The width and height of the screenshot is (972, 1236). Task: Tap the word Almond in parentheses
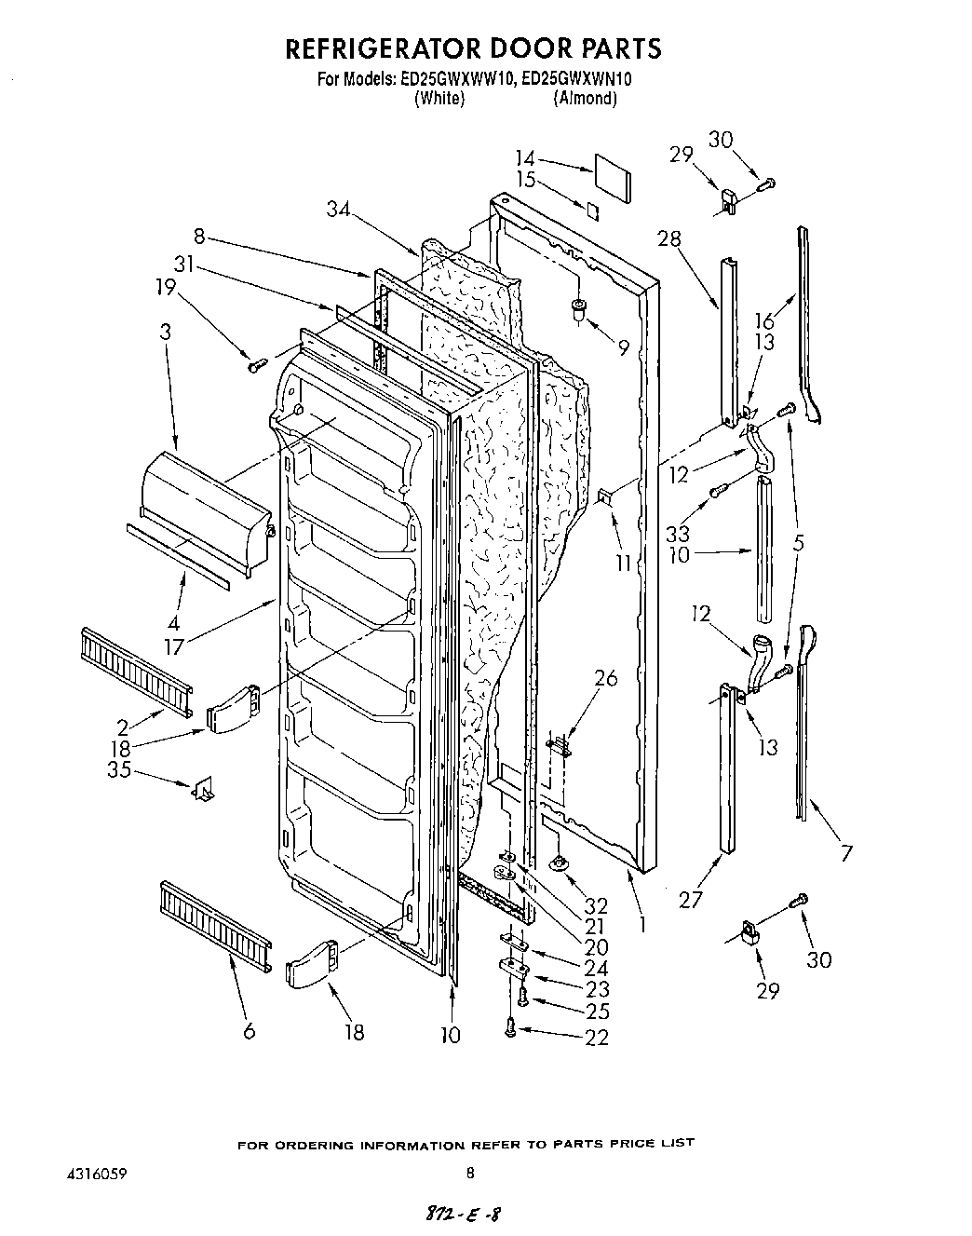click(x=584, y=98)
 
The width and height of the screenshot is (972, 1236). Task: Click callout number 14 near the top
click(x=526, y=158)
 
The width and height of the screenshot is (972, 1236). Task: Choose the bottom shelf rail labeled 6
click(x=216, y=917)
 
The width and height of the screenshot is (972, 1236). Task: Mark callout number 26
click(x=605, y=678)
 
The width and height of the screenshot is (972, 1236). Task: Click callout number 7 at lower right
click(x=845, y=851)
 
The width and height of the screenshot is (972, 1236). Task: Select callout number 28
click(x=669, y=239)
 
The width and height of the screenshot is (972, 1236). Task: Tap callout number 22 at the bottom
click(x=596, y=1037)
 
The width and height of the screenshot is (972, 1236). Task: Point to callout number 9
click(x=622, y=346)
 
